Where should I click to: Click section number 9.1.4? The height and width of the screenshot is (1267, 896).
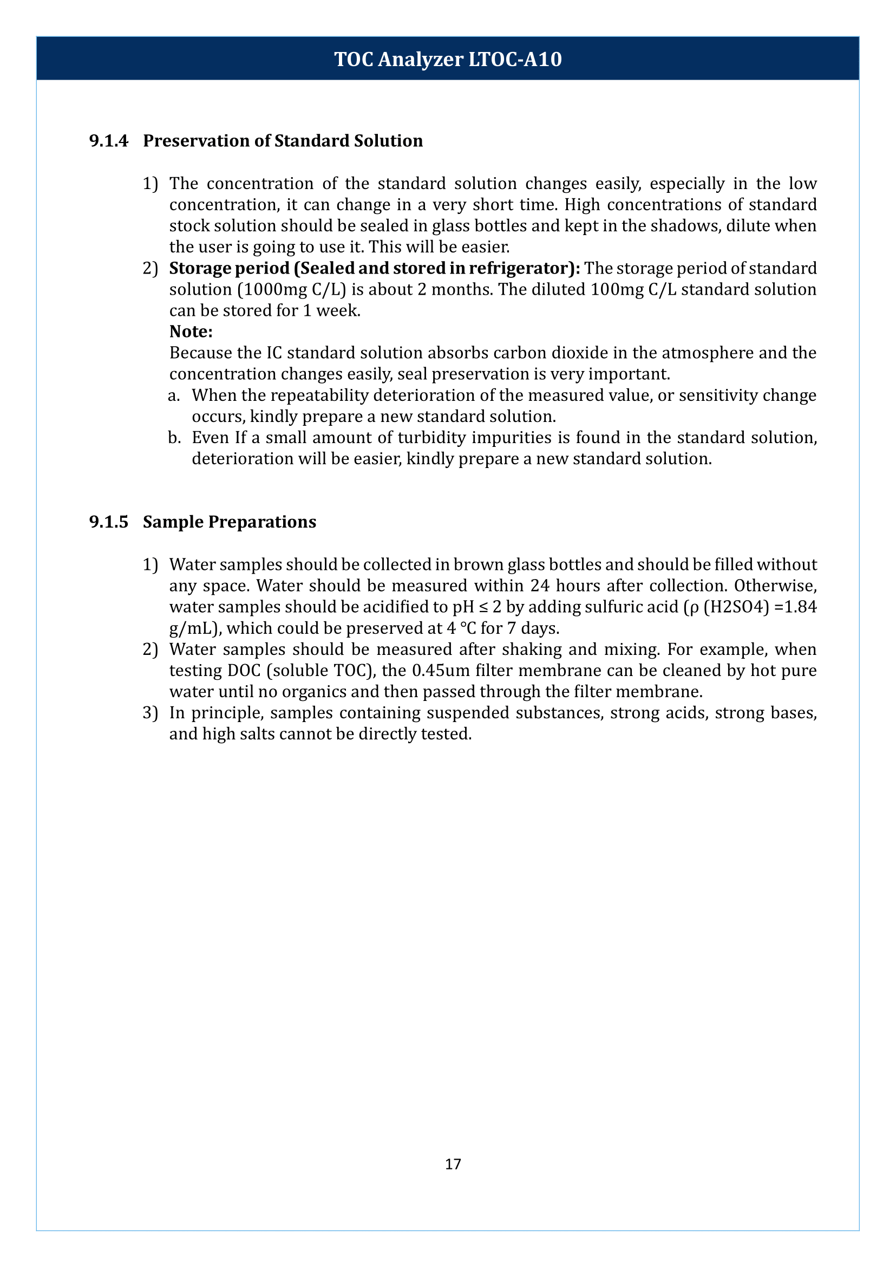pyautogui.click(x=108, y=141)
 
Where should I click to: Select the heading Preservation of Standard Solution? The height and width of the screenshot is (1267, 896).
pyautogui.click(x=283, y=141)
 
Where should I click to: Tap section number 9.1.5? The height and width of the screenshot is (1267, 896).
pyautogui.click(x=108, y=522)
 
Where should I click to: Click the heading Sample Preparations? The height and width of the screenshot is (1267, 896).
pyautogui.click(x=229, y=522)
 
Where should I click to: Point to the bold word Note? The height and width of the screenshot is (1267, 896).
pyautogui.click(x=191, y=332)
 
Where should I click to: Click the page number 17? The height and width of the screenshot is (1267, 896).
pyautogui.click(x=453, y=1164)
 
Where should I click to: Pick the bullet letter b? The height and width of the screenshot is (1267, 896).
pyautogui.click(x=174, y=438)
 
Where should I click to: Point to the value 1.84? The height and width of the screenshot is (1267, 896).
pyautogui.click(x=800, y=607)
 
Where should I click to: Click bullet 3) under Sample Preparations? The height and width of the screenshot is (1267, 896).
pyautogui.click(x=150, y=713)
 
